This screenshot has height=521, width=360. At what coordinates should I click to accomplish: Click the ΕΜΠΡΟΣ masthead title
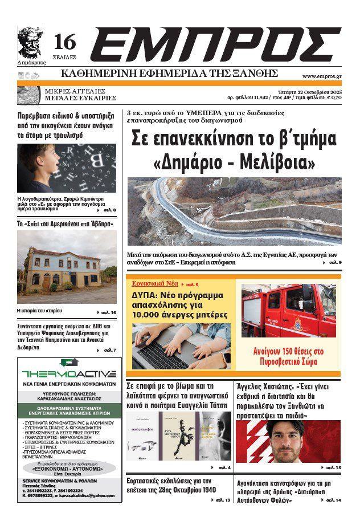(215, 47)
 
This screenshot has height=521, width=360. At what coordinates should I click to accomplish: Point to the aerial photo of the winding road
(234, 211)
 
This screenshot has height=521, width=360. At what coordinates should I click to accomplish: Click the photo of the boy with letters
(66, 168)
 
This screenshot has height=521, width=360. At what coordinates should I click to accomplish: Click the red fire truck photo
(288, 311)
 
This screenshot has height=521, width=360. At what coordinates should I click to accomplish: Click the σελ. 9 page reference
(333, 263)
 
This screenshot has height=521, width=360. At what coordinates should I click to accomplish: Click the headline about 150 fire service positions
(288, 356)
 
